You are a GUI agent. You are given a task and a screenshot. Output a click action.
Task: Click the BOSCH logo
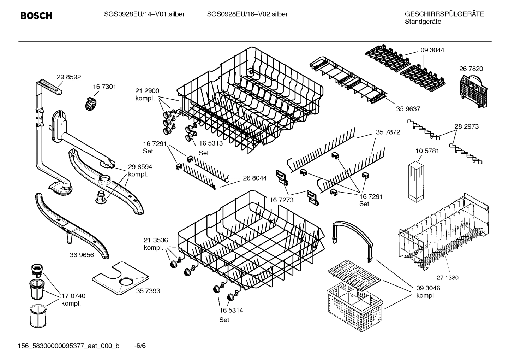click(x=36, y=16)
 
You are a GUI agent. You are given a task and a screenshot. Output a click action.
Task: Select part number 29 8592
click(x=69, y=77)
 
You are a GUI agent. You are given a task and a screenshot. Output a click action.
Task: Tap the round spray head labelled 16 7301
click(x=91, y=103)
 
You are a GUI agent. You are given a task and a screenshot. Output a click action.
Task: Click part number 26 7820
click(x=471, y=69)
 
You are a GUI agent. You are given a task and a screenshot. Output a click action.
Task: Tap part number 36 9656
click(x=82, y=255)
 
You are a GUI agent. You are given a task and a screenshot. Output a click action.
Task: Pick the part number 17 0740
click(x=73, y=296)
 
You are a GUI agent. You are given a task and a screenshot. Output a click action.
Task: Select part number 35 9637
click(x=408, y=109)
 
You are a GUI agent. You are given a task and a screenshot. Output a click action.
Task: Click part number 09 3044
click(x=432, y=50)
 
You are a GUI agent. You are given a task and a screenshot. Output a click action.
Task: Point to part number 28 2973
click(x=466, y=126)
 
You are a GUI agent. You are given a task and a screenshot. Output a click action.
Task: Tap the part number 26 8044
click(x=254, y=178)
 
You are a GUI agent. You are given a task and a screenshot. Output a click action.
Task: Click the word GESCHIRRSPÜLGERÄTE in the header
click(x=444, y=14)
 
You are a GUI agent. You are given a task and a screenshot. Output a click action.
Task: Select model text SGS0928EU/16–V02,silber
click(x=247, y=14)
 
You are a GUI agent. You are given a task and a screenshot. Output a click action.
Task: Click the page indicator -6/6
click(x=140, y=345)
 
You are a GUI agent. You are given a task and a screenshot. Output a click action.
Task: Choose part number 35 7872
click(x=388, y=132)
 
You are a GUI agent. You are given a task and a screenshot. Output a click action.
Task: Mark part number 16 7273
click(x=281, y=200)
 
